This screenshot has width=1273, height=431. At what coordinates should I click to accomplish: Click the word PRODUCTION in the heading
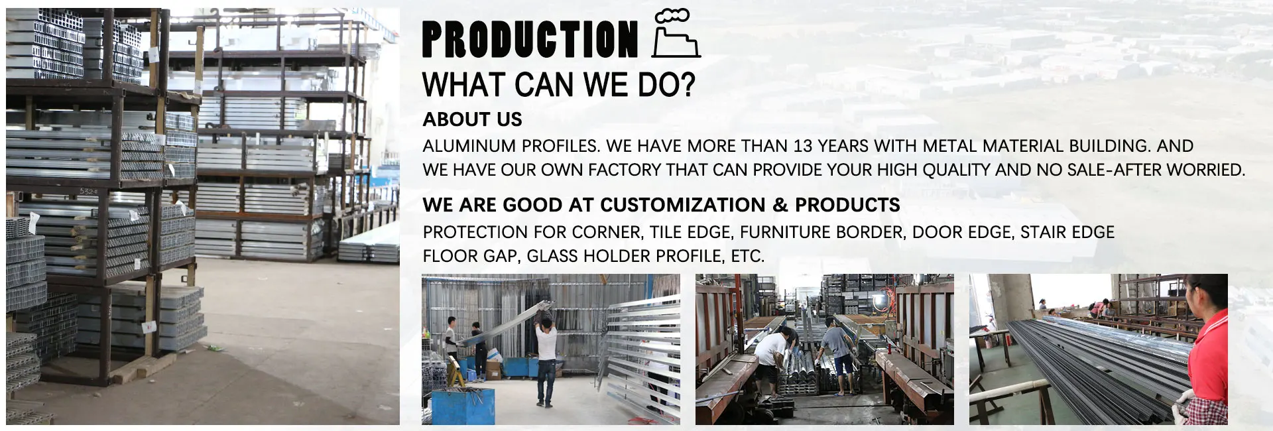click(x=529, y=39)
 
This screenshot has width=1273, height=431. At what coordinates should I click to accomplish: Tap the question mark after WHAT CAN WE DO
click(x=687, y=85)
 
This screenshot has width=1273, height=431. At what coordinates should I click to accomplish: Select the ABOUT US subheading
click(x=472, y=119)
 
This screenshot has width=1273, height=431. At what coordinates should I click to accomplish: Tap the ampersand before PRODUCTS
click(x=780, y=205)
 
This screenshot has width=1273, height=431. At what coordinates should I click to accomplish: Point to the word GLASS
click(x=551, y=256)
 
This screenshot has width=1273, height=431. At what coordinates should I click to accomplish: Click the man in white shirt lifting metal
click(x=545, y=358)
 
